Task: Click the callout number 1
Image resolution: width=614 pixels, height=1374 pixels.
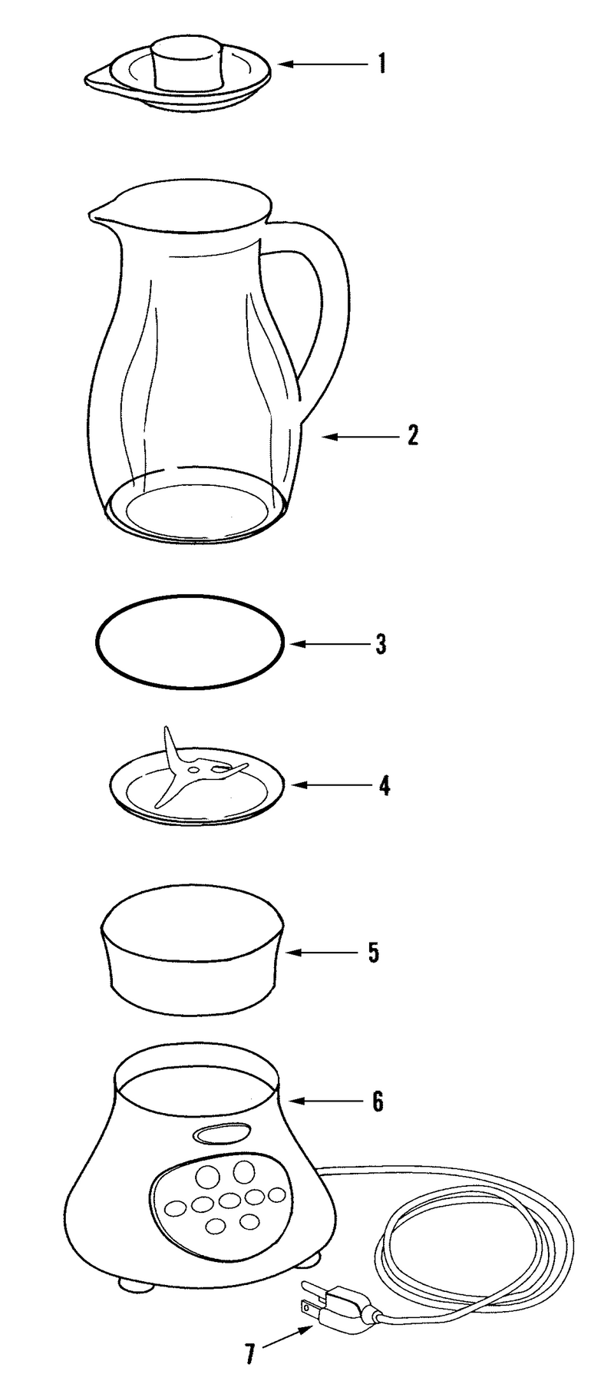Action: [x=381, y=63]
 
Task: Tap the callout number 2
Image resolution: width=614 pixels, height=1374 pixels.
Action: [x=413, y=436]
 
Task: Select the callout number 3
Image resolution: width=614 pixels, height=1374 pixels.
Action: [x=381, y=643]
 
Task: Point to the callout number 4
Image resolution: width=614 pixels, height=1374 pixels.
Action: [x=383, y=785]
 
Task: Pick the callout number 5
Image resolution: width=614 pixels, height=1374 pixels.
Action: [x=374, y=953]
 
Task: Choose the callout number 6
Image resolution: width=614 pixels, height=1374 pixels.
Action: [x=377, y=1102]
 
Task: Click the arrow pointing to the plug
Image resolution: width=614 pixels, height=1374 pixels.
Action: [x=289, y=1339]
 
